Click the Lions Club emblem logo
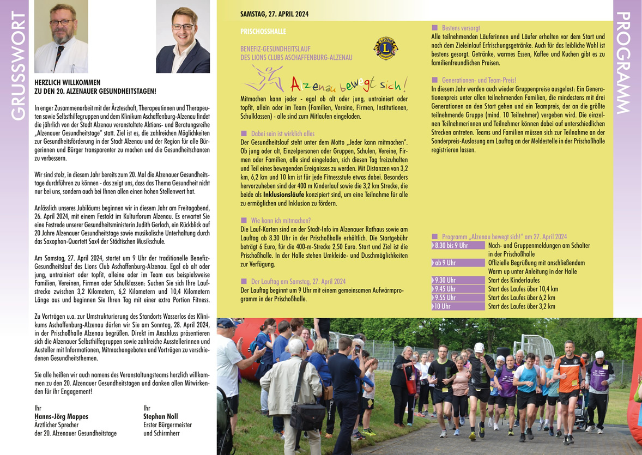coord(385,48)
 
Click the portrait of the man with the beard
coord(60,37)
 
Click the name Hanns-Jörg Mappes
coord(61,417)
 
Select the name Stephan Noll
coord(161,417)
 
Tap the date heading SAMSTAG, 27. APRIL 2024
coord(274,15)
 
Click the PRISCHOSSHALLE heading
coord(263,32)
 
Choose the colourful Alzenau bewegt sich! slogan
coord(349,85)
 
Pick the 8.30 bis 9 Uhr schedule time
coord(451,246)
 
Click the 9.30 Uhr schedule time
coord(445,281)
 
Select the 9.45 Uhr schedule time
coord(445,289)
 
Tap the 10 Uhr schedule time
coord(442,307)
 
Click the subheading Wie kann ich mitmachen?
coord(280,221)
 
